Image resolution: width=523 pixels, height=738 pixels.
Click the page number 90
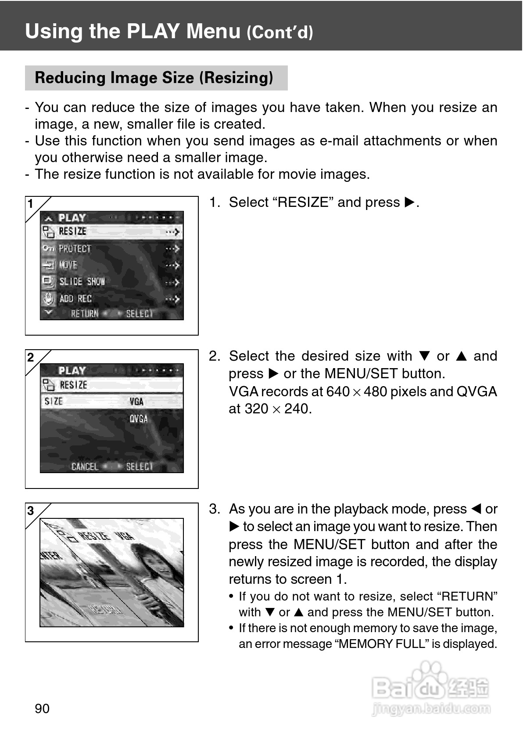pos(42,708)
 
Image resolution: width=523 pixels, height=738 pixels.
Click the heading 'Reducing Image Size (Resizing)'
pos(154,78)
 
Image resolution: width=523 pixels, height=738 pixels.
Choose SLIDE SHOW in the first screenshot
pos(82,282)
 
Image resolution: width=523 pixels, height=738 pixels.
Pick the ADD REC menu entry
pos(75,299)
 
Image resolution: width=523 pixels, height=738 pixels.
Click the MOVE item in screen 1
pos(68,265)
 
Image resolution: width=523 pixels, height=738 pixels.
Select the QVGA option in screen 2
pos(138,419)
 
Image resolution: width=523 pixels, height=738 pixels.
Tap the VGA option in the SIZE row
pos(136,402)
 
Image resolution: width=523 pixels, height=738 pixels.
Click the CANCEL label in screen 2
pos(85,467)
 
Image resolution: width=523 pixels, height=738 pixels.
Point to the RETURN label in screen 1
pos(85,314)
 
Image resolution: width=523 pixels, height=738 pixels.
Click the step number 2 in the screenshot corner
pos(31,358)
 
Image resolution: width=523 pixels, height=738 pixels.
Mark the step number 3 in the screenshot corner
pos(31,511)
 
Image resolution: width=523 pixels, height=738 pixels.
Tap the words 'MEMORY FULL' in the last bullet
pos(382,644)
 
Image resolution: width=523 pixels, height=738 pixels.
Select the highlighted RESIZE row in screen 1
pos(111,232)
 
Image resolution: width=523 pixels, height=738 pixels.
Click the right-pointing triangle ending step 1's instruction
pos(409,203)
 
